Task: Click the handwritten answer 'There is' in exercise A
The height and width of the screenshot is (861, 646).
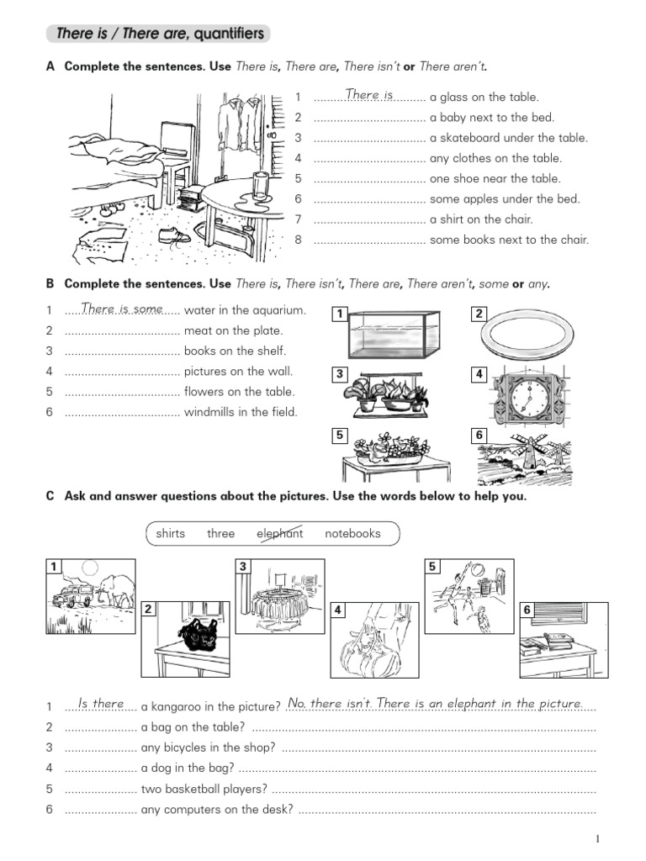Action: [x=369, y=96]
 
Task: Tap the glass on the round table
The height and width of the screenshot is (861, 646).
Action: [x=261, y=186]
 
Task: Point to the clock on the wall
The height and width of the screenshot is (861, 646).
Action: [x=526, y=393]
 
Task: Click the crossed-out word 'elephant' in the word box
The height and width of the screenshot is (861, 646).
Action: [x=280, y=533]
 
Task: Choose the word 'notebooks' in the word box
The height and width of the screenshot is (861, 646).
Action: [x=352, y=533]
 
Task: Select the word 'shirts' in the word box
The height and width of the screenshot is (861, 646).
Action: [x=171, y=533]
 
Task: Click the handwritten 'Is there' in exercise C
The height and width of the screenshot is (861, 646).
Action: [x=101, y=703]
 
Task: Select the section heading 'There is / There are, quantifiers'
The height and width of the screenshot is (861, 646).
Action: [x=160, y=34]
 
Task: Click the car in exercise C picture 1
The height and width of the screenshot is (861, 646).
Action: [x=69, y=596]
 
